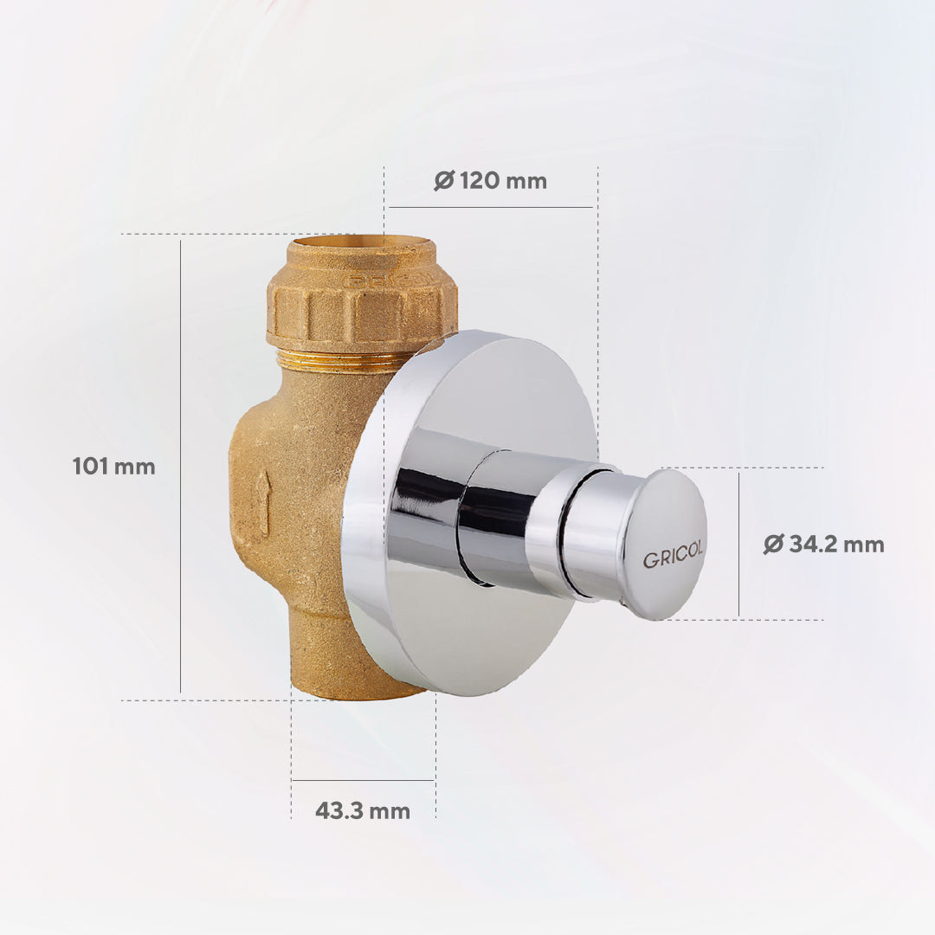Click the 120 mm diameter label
tap(490, 180)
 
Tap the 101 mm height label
tap(114, 467)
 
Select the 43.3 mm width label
tap(363, 811)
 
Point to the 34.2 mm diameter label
tap(823, 544)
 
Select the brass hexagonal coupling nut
tap(362, 310)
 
